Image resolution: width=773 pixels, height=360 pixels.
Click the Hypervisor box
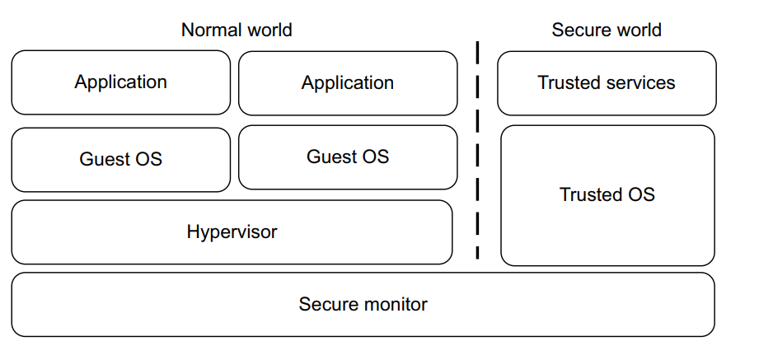[x=232, y=232]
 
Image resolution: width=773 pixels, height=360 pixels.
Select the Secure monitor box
[x=363, y=305]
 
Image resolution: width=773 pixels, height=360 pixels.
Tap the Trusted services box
[x=607, y=83]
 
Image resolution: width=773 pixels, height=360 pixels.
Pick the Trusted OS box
[x=607, y=195]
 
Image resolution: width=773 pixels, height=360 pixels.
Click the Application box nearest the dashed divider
[x=348, y=83]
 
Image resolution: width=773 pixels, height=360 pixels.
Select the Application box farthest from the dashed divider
[x=120, y=82]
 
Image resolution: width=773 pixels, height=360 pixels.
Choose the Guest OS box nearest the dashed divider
[x=348, y=157]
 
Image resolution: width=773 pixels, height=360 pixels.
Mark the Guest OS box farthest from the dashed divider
[x=120, y=160]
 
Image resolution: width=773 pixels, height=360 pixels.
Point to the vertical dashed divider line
[x=477, y=148]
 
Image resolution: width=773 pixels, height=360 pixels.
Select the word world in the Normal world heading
[x=267, y=30]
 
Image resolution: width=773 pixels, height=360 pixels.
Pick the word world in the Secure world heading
[x=635, y=30]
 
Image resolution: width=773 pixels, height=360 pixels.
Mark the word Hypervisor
[x=232, y=232]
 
